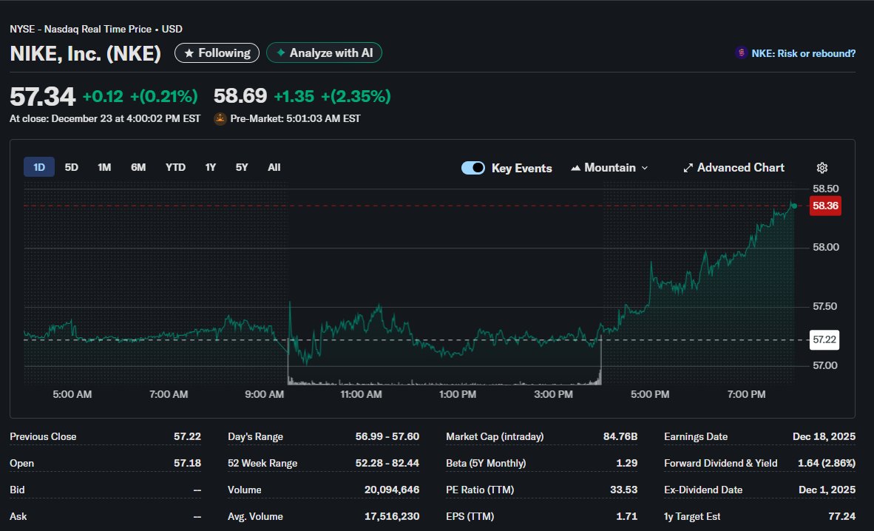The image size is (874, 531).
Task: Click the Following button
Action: [x=217, y=53]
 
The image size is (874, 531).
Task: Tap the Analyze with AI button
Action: [x=324, y=53]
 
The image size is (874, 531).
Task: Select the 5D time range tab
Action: [x=72, y=167]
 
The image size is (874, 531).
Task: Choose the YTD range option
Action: [x=175, y=167]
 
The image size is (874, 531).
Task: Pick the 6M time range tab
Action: [x=138, y=167]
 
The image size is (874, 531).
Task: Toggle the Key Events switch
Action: [x=473, y=168]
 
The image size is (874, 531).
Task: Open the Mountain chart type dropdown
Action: [x=609, y=168]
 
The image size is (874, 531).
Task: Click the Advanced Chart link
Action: [x=734, y=168]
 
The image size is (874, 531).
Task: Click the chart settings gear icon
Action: [x=822, y=168]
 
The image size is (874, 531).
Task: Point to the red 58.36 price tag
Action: [x=824, y=206]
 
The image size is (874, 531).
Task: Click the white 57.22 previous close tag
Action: [x=824, y=339]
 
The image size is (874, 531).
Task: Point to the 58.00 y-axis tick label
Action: [x=825, y=247]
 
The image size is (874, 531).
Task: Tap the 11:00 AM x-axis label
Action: [x=361, y=395]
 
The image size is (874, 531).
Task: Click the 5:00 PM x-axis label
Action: [x=650, y=395]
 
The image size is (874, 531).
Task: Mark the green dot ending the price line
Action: [x=794, y=206]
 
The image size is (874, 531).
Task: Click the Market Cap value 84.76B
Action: [x=620, y=436]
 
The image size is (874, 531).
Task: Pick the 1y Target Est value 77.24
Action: [x=841, y=516]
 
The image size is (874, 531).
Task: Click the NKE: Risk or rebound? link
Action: [x=795, y=53]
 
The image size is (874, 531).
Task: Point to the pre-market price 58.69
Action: [x=240, y=96]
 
